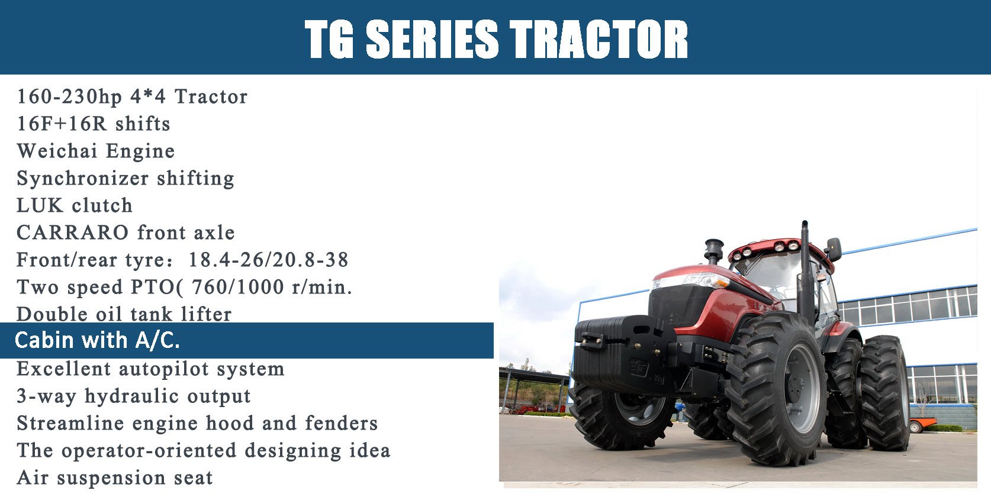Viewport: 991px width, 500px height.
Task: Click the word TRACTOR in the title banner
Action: (x=599, y=39)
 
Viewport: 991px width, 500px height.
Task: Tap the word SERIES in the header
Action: (x=432, y=39)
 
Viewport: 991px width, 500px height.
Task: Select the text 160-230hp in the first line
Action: (x=69, y=97)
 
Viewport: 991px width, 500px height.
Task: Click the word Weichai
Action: (x=57, y=151)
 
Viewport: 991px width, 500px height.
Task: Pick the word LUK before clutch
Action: (x=40, y=205)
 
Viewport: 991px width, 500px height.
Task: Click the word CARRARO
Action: (x=73, y=233)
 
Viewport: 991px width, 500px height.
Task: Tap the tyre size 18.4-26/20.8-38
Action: (x=269, y=260)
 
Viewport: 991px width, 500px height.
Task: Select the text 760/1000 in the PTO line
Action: (x=238, y=288)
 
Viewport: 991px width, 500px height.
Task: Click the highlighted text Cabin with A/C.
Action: (x=97, y=340)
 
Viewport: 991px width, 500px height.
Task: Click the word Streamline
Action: (x=70, y=424)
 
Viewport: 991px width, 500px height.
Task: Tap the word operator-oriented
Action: (x=149, y=451)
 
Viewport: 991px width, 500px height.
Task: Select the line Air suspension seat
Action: (x=115, y=478)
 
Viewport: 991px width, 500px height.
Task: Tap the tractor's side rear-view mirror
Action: (x=834, y=249)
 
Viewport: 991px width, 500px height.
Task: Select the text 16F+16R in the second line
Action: (x=62, y=124)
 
